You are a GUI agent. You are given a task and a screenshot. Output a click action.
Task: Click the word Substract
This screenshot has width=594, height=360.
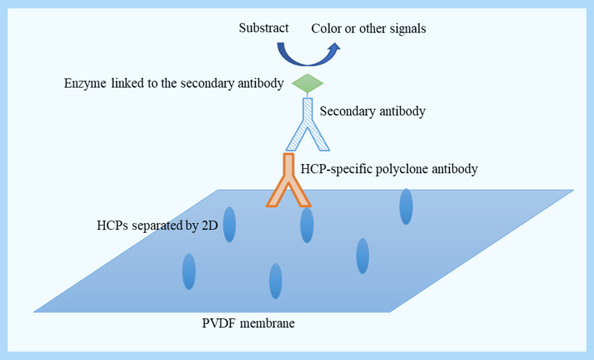click(263, 28)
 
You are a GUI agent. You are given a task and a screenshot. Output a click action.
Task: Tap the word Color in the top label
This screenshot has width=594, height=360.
click(326, 28)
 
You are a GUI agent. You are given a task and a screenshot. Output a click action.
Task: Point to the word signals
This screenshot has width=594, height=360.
click(406, 28)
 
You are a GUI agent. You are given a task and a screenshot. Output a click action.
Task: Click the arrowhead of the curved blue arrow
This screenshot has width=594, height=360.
click(335, 48)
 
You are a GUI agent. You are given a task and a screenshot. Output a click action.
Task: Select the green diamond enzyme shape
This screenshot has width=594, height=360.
click(307, 83)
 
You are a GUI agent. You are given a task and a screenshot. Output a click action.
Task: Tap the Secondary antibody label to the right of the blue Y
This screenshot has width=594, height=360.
click(372, 111)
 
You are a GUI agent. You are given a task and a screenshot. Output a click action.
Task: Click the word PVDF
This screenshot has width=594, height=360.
click(218, 323)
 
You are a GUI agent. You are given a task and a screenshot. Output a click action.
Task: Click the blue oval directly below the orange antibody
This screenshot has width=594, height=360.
click(307, 224)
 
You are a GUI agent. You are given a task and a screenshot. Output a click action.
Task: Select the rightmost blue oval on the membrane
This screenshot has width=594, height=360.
click(406, 206)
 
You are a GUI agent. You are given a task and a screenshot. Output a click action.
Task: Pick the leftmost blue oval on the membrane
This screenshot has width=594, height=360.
click(188, 272)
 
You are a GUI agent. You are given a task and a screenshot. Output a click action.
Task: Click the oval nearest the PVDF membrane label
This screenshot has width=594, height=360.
click(275, 281)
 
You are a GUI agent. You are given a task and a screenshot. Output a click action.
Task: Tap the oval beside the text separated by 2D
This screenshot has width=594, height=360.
click(230, 224)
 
